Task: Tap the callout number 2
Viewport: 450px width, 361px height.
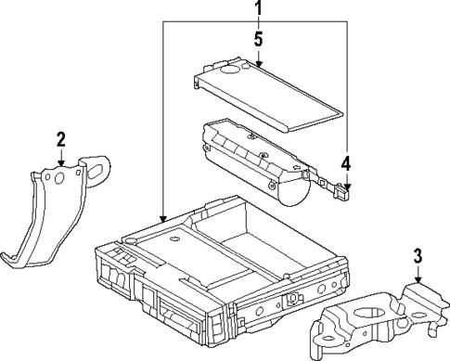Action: [60, 140]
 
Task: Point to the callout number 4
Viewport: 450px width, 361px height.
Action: [345, 165]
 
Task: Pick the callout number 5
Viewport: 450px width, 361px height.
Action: [259, 40]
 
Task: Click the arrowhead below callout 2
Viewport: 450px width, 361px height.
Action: [60, 164]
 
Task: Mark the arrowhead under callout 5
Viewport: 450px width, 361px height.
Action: [259, 64]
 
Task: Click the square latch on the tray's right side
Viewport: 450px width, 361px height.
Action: [291, 300]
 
